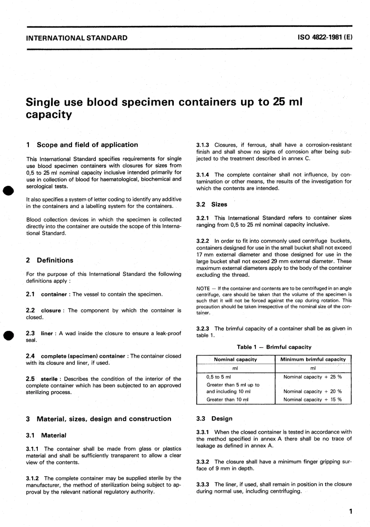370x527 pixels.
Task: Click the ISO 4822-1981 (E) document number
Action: click(325, 38)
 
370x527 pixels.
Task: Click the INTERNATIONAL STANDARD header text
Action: click(77, 38)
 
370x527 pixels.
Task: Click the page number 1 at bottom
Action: click(351, 511)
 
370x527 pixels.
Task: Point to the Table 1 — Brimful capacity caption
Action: click(274, 347)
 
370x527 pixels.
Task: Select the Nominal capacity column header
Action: click(235, 359)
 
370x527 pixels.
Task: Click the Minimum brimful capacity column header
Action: click(313, 359)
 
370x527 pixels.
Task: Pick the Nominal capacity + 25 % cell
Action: click(312, 377)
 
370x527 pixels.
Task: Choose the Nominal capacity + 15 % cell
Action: click(312, 399)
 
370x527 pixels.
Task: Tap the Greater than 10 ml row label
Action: click(227, 399)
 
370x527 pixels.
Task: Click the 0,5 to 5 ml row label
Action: click(218, 377)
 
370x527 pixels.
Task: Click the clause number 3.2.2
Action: click(203, 241)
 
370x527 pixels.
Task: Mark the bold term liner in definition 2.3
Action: click(47, 333)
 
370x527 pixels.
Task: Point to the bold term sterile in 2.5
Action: click(49, 379)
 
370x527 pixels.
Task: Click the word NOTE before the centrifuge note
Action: click(203, 289)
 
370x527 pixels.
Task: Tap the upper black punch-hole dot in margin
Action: click(9, 190)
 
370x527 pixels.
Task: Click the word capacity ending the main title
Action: click(49, 115)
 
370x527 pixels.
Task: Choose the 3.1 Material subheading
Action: click(46, 435)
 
